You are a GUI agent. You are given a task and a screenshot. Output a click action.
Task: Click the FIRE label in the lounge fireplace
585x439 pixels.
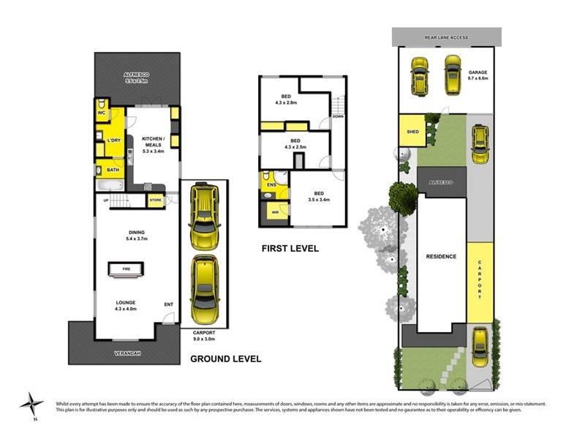pyautogui.click(x=126, y=269)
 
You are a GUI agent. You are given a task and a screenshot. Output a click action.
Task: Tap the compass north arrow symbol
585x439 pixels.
pyautogui.click(x=31, y=403)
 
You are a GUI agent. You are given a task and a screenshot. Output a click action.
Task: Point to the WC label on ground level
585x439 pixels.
pyautogui.click(x=102, y=113)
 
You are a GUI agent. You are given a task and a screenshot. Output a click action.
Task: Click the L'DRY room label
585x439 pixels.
pyautogui.click(x=113, y=140)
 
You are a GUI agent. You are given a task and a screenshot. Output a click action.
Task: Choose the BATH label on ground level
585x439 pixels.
pyautogui.click(x=113, y=170)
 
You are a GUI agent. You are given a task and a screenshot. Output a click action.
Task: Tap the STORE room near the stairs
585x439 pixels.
pyautogui.click(x=155, y=199)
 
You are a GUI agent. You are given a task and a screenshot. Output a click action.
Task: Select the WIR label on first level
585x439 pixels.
pyautogui.click(x=275, y=213)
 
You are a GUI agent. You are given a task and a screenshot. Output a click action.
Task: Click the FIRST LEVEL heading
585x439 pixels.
pyautogui.click(x=290, y=249)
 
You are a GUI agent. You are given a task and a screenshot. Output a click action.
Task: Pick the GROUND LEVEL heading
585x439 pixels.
pyautogui.click(x=225, y=359)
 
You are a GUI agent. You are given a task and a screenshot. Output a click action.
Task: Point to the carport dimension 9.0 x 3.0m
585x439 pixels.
pyautogui.click(x=205, y=339)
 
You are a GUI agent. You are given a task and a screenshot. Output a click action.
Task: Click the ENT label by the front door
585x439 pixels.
pyautogui.click(x=169, y=305)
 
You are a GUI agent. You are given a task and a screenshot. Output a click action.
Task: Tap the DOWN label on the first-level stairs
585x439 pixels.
pyautogui.click(x=337, y=116)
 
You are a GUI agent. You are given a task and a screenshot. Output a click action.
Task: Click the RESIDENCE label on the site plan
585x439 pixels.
pyautogui.click(x=442, y=256)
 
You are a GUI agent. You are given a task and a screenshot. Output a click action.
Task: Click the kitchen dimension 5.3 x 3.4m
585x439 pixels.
pyautogui.click(x=154, y=152)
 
